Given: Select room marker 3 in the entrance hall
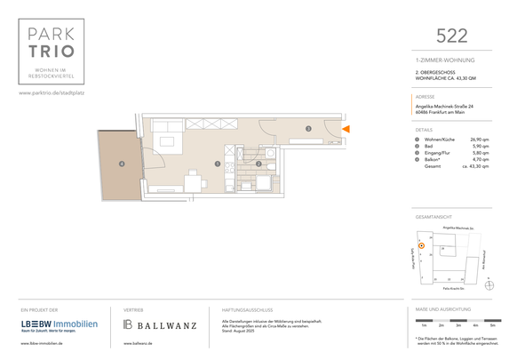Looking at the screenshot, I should point(307,130).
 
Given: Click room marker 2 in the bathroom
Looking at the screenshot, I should point(258,164).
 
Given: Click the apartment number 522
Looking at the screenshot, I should point(452,36).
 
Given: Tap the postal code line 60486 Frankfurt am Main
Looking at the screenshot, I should point(446,112).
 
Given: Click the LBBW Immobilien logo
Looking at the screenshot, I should point(60,324).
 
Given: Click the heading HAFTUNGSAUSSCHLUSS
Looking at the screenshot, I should point(248,308).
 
